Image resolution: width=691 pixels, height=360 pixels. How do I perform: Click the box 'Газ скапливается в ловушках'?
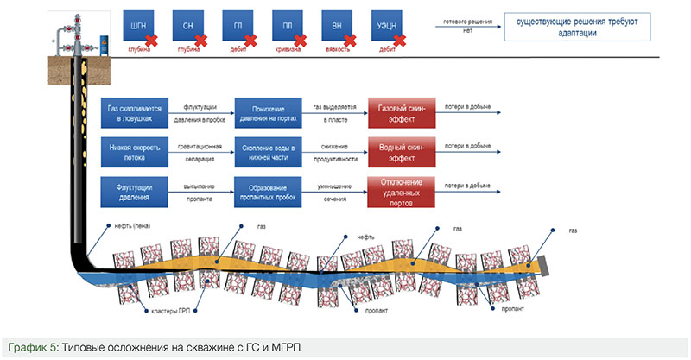coord(134,113)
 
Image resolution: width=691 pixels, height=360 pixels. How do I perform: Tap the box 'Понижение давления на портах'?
coord(268,113)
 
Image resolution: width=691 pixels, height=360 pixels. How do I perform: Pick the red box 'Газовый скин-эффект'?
coord(402,113)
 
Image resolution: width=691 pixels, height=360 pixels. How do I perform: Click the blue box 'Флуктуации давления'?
coord(134,191)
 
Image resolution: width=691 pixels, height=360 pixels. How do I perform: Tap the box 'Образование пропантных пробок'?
coord(268,191)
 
